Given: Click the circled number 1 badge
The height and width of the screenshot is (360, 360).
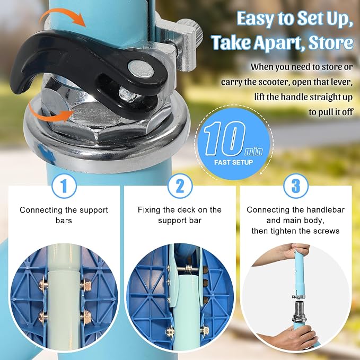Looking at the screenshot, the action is click(64, 186).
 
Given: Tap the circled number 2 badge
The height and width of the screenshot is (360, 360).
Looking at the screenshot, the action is click(180, 186).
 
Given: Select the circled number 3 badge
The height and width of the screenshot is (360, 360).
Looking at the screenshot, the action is click(296, 186).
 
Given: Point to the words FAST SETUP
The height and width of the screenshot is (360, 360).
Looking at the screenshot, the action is click(233, 163).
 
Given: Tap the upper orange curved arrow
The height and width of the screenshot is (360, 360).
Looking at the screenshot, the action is click(64, 17).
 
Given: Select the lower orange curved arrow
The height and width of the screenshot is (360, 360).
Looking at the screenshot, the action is click(49, 113).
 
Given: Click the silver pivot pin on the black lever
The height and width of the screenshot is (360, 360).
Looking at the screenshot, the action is click(141, 68).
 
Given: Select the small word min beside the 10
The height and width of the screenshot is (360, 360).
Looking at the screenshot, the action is click(253, 151).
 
